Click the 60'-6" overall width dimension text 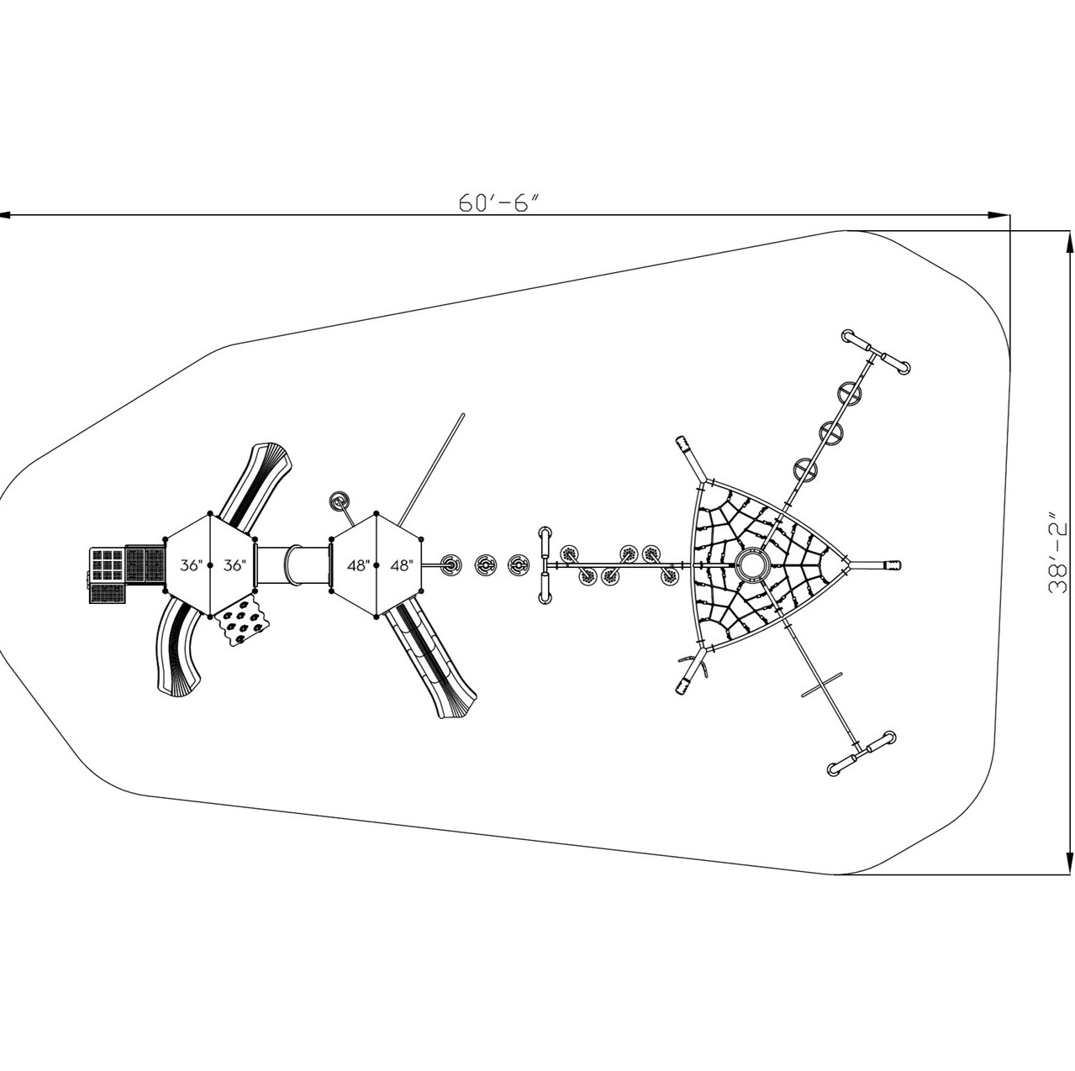497,203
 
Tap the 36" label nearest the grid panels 190,565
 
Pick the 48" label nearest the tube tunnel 358,565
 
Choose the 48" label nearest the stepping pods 402,565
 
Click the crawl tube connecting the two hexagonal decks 291,564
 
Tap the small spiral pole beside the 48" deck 340,501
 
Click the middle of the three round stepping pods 486,565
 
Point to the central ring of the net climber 750,564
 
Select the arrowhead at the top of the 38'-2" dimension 1068,241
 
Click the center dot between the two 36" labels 210,565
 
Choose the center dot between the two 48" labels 378,565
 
